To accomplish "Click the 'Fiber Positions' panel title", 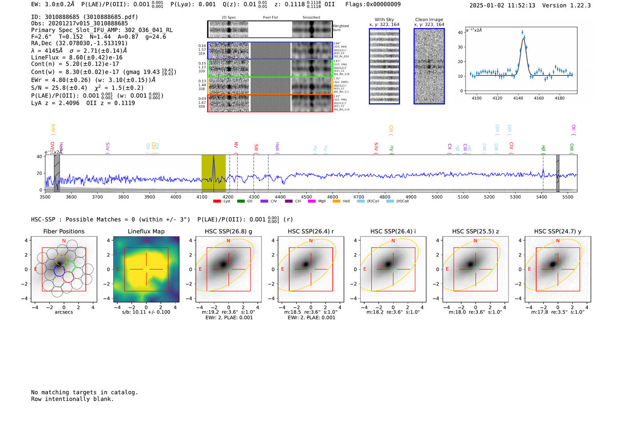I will [64, 231].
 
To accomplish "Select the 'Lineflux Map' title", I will [146, 231].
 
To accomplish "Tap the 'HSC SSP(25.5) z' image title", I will [475, 231].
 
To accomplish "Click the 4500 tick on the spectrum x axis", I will [306, 197].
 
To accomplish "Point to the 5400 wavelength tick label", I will [542, 197].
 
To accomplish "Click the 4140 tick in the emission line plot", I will [518, 98].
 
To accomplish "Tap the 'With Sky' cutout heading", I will [384, 20].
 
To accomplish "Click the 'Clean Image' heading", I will [429, 20].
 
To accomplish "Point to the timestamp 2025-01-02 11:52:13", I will [502, 5].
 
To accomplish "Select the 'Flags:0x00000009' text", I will [373, 4].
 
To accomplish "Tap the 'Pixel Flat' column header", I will [270, 18].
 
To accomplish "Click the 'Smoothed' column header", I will [311, 18].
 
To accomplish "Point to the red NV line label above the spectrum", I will [236, 145].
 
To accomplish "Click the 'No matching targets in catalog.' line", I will [84, 392].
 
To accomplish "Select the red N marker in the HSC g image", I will [228, 241].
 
